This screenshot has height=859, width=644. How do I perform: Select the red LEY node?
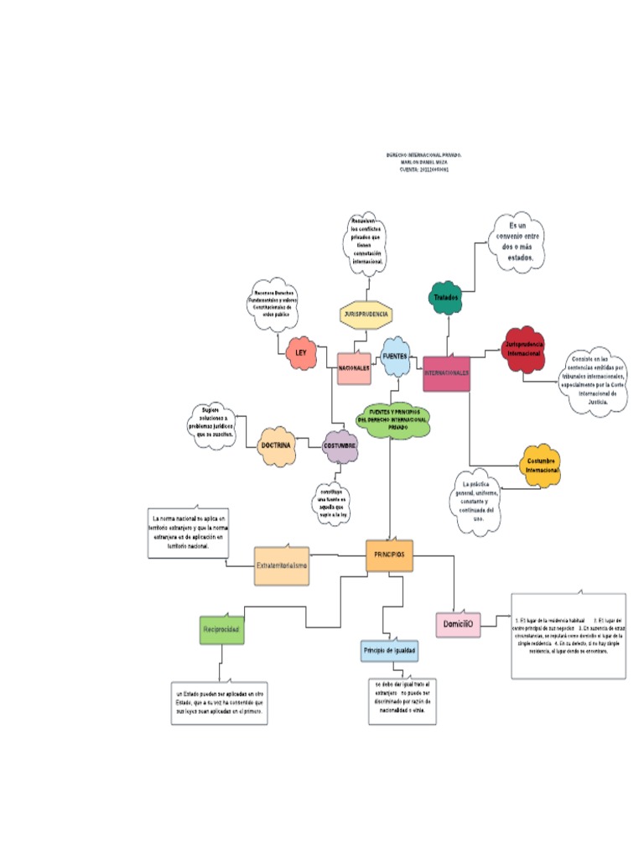coord(301,354)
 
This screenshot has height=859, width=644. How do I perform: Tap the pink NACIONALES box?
coord(354,368)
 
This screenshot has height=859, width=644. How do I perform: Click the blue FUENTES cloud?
coord(395,357)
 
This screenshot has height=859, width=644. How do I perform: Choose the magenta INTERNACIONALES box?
coord(446,372)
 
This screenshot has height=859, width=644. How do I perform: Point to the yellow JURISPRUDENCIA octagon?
coord(366,314)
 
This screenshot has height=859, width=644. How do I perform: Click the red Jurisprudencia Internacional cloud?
coord(524,348)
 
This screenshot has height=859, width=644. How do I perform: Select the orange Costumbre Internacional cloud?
coord(542,465)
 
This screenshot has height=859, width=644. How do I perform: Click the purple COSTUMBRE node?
coord(340,445)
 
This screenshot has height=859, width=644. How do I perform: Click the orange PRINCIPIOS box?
coord(389,555)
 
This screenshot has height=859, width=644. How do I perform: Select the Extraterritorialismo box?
coord(282,566)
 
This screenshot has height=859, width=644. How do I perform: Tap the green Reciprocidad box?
coord(222,628)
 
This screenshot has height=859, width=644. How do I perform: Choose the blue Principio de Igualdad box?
coord(389,650)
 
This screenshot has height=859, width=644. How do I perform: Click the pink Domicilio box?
coord(459,624)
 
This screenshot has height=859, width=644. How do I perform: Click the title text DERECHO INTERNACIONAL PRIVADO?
coord(423,156)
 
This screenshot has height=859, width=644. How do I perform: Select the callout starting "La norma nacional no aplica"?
coord(190,532)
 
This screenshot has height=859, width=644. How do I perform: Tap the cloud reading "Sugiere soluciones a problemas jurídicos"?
coord(215,424)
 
